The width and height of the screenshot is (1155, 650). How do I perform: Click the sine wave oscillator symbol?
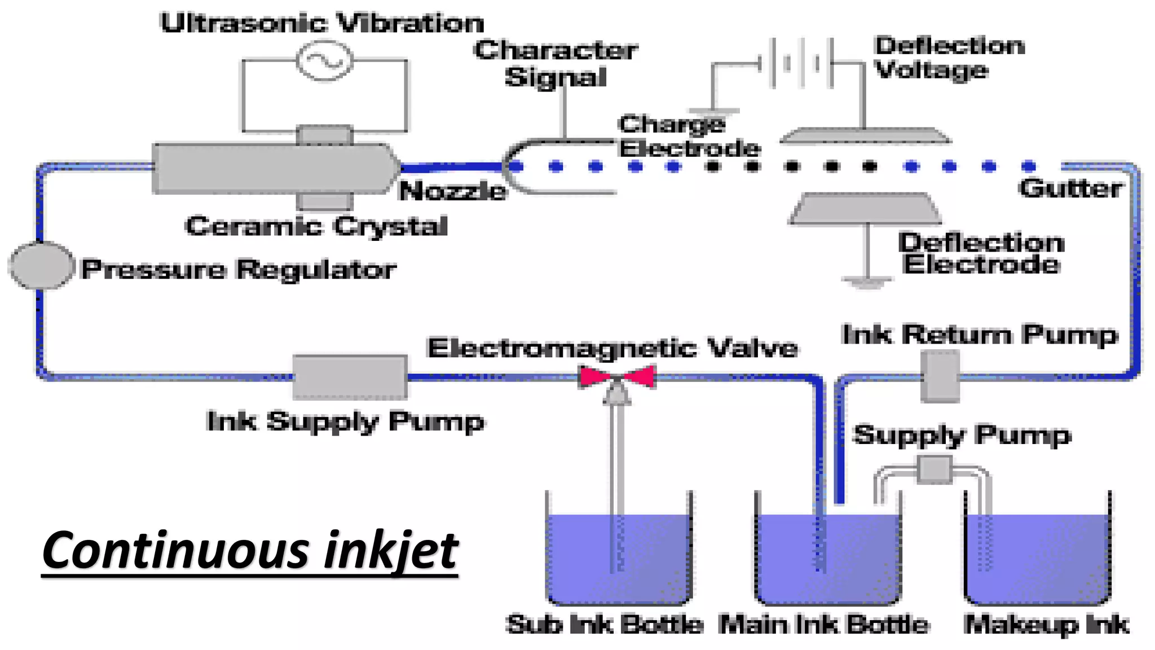(325, 60)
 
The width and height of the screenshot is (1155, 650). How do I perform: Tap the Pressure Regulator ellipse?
(41, 265)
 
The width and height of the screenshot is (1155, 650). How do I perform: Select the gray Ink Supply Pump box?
(350, 377)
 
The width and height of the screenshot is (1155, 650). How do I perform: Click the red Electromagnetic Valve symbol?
(617, 377)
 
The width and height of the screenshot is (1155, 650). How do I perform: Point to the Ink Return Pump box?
(940, 376)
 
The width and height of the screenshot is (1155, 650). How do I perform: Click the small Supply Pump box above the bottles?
(934, 469)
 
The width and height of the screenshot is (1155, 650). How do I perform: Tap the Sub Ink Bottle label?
(604, 625)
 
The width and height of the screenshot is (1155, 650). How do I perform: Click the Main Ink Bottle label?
(824, 625)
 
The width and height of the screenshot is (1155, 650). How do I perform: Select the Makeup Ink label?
(1046, 625)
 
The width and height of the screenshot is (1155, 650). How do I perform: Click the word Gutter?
(1070, 188)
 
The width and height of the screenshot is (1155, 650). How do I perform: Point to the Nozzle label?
(452, 191)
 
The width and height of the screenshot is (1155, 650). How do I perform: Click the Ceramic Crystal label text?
(316, 226)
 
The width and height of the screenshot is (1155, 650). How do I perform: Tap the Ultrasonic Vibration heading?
(322, 23)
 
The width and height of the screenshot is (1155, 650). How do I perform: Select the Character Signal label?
(556, 63)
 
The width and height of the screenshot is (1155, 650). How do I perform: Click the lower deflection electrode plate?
(866, 209)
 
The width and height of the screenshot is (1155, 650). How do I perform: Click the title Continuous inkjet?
(249, 550)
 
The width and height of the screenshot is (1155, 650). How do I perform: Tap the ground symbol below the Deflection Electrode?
(867, 282)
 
